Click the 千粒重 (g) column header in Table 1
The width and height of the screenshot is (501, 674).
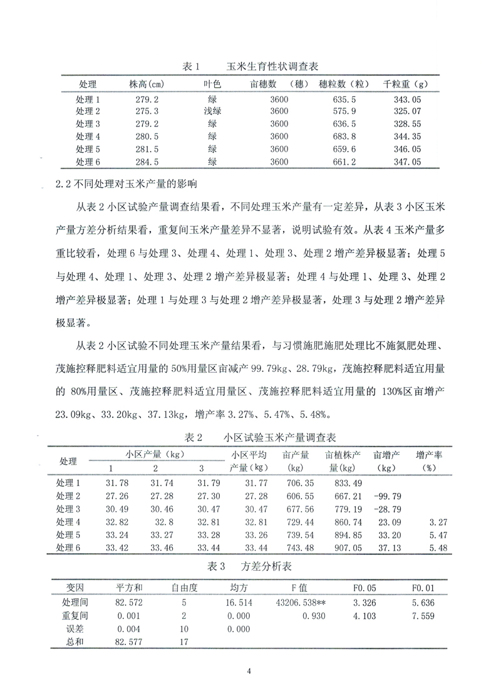403,84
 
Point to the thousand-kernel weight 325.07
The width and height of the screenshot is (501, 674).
403,111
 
